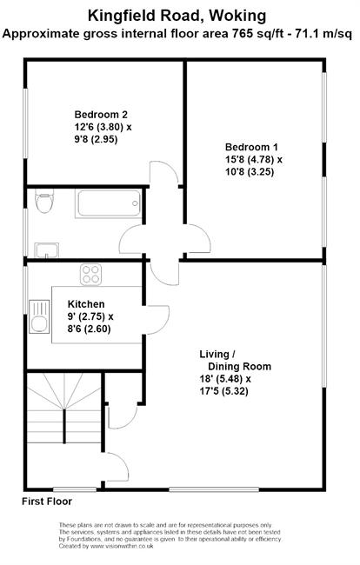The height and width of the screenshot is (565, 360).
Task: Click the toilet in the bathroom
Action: click(44, 200)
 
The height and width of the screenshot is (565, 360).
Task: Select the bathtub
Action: click(108, 203)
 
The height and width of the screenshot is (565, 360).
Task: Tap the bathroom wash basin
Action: click(46, 250)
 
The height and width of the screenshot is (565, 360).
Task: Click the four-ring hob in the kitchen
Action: click(90, 274)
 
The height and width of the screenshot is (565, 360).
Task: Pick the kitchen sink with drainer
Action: click(39, 316)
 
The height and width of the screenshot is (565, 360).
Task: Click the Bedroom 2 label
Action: click(101, 115)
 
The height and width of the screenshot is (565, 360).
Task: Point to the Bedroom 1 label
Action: click(251, 147)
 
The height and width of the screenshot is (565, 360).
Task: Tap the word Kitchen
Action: click(86, 304)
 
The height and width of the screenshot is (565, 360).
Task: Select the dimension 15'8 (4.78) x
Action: click(254, 159)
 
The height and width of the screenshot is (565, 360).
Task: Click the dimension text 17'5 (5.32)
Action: click(223, 391)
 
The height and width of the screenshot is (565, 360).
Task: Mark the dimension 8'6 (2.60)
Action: click(89, 329)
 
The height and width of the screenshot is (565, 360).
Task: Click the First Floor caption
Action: click(47, 502)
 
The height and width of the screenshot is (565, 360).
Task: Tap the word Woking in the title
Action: click(238, 16)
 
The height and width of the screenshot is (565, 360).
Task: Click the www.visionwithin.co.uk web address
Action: click(122, 546)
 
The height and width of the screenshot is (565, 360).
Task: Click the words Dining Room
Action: click(240, 367)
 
